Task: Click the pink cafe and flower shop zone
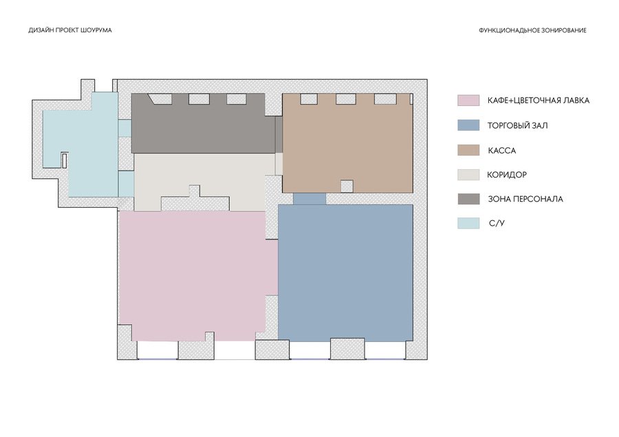(193, 277)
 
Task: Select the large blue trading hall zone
(345, 273)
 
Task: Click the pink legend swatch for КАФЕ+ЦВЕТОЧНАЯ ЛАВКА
(468, 100)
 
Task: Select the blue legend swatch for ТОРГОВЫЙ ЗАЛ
(468, 125)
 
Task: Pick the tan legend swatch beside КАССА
(468, 150)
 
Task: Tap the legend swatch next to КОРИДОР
(468, 175)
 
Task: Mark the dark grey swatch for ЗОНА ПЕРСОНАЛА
(468, 199)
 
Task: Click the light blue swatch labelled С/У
(468, 223)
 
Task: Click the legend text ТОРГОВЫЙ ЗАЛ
(517, 126)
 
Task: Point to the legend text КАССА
(502, 151)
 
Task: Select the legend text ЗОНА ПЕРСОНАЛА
(525, 199)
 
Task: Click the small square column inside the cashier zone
(347, 186)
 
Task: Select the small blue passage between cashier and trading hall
(309, 199)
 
